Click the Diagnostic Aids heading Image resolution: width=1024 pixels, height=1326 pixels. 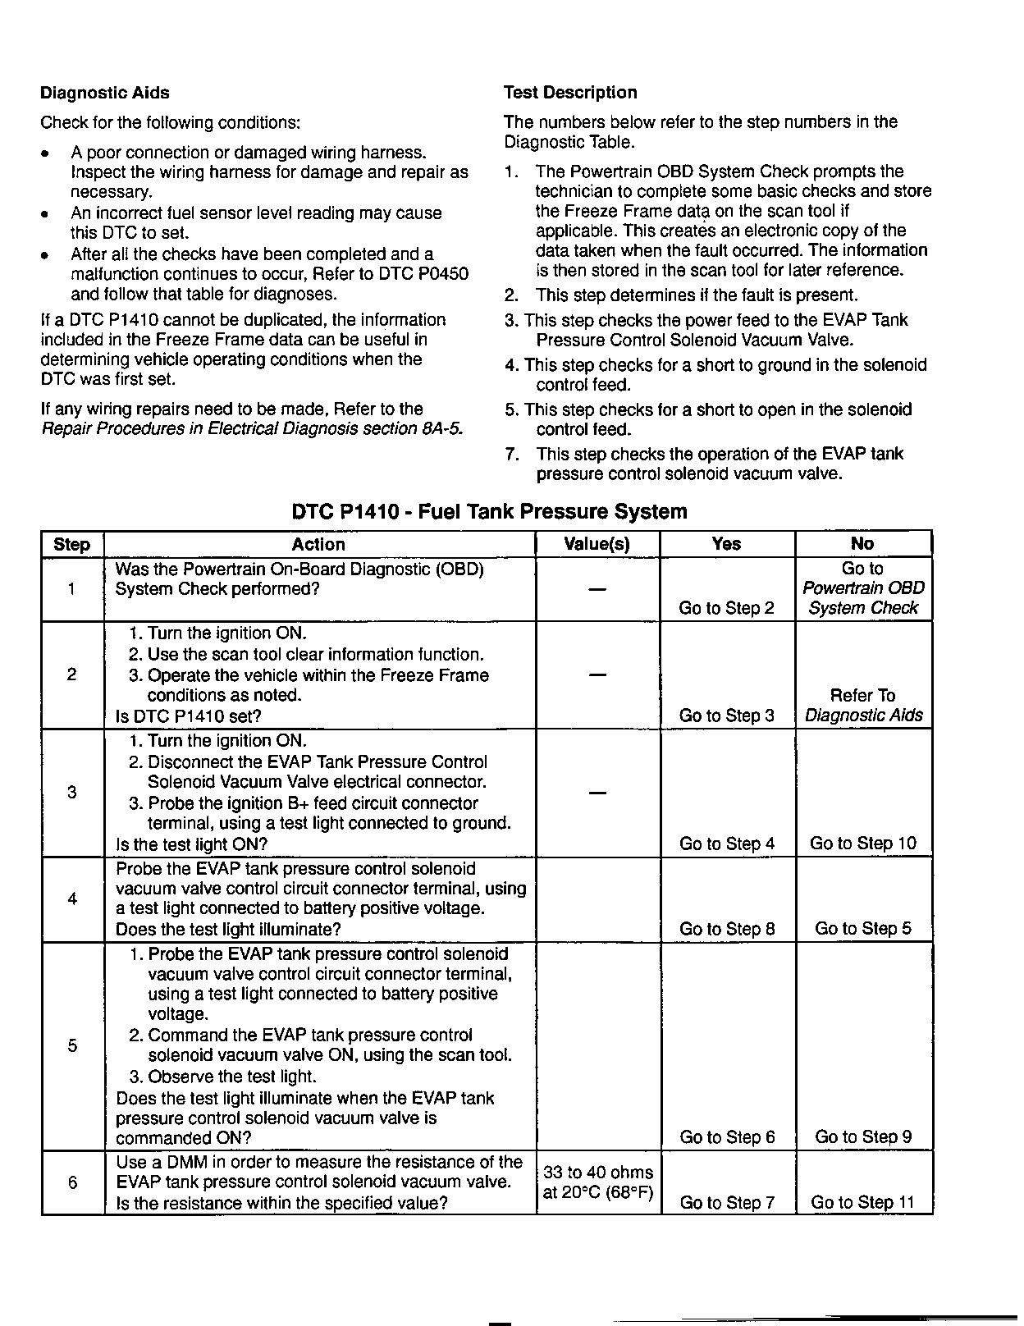click(x=105, y=94)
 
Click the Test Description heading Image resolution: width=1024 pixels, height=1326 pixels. click(x=569, y=93)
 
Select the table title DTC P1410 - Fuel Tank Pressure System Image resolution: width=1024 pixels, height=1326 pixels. click(x=489, y=512)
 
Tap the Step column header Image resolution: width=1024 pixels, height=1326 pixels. click(x=72, y=545)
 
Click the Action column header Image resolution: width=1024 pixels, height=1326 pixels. click(x=318, y=544)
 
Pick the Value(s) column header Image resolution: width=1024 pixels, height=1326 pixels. click(x=597, y=544)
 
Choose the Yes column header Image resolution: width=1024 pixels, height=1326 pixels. click(x=726, y=544)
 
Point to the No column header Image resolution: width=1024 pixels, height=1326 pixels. click(x=862, y=544)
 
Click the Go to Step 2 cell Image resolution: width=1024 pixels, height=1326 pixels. click(x=726, y=608)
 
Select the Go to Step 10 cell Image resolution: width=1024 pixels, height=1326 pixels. click(x=862, y=844)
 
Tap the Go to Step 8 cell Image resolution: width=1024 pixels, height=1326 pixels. click(x=726, y=929)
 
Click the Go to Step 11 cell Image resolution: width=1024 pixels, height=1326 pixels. click(x=862, y=1203)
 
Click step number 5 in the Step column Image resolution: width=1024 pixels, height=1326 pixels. click(x=72, y=1045)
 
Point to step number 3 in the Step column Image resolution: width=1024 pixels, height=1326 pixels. click(x=72, y=793)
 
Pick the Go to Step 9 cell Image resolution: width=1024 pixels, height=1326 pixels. click(x=862, y=1137)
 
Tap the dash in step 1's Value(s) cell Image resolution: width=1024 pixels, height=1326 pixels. click(x=598, y=589)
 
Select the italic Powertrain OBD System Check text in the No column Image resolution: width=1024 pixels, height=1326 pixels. click(x=863, y=598)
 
